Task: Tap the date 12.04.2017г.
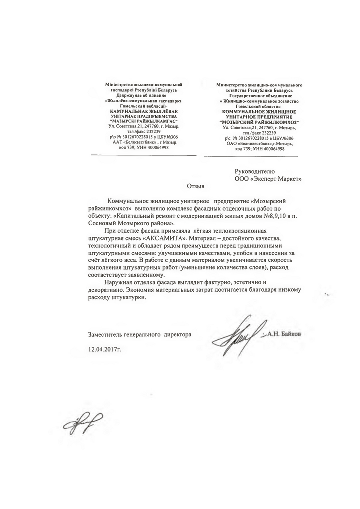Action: (x=104, y=349)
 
